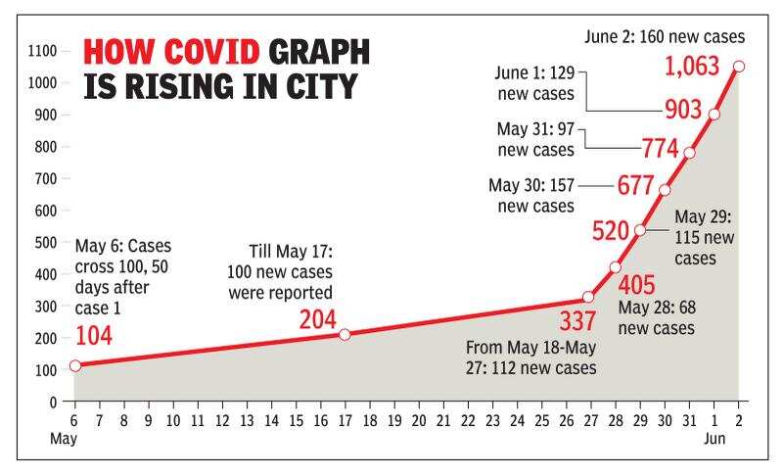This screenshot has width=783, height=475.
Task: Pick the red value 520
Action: tap(612, 230)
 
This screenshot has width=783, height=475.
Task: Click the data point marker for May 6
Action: tap(75, 366)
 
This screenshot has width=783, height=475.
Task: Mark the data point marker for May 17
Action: tap(345, 335)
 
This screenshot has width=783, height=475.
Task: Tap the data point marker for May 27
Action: tap(588, 297)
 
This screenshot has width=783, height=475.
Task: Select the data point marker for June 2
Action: tap(739, 67)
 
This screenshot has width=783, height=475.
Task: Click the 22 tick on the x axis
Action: tap(468, 420)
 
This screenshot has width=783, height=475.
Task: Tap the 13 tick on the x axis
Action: tap(247, 420)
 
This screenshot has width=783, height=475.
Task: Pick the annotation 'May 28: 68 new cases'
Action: tap(657, 317)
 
